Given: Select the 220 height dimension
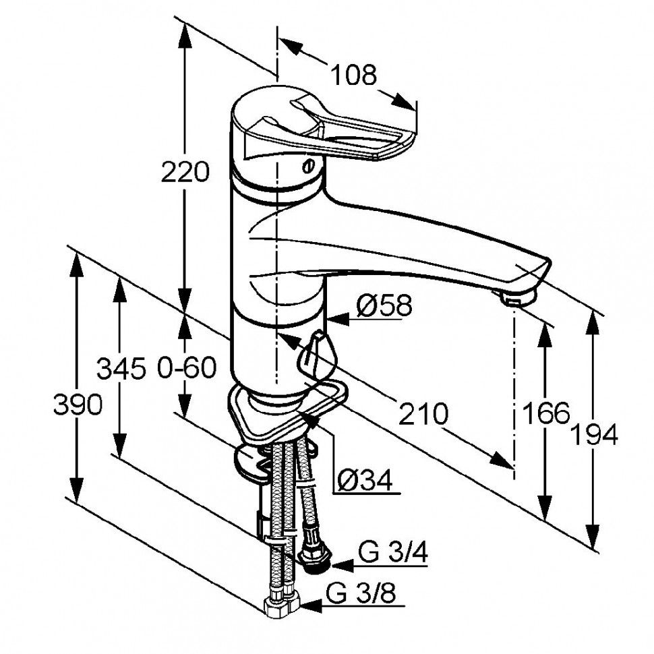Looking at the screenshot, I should pyautogui.click(x=185, y=173).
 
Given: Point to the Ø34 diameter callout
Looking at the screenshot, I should pyautogui.click(x=364, y=480).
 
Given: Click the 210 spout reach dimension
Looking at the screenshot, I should pyautogui.click(x=423, y=413).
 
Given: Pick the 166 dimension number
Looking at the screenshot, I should pyautogui.click(x=545, y=413).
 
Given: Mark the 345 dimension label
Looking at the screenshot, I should pyautogui.click(x=121, y=369).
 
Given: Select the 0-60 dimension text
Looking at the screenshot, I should pyautogui.click(x=186, y=369).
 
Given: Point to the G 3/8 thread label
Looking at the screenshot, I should pyautogui.click(x=361, y=594).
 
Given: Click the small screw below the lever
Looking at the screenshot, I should pyautogui.click(x=309, y=166).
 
